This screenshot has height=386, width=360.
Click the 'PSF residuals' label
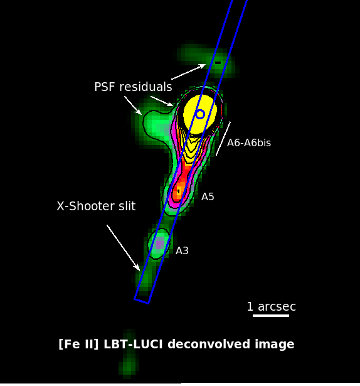(133, 87)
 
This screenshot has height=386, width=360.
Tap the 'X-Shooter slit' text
(96, 206)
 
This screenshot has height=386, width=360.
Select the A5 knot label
(208, 197)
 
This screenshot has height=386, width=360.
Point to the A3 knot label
(182, 251)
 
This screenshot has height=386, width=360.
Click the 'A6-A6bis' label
(249, 142)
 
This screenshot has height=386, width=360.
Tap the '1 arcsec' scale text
(272, 307)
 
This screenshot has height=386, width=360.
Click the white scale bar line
(271, 315)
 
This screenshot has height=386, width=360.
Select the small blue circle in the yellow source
(200, 114)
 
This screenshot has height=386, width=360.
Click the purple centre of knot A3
(160, 244)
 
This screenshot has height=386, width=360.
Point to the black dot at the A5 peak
(179, 191)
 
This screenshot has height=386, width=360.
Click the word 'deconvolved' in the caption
(209, 344)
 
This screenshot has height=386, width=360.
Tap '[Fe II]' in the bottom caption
(79, 344)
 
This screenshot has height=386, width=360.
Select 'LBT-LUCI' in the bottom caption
(133, 344)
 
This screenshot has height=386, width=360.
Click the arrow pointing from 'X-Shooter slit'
(124, 248)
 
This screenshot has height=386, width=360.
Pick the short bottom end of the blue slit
(142, 301)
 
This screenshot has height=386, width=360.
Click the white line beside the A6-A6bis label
(223, 138)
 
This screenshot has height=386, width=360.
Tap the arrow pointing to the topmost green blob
(189, 72)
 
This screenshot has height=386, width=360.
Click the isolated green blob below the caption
(128, 355)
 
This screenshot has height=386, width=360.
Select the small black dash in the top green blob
(218, 63)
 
